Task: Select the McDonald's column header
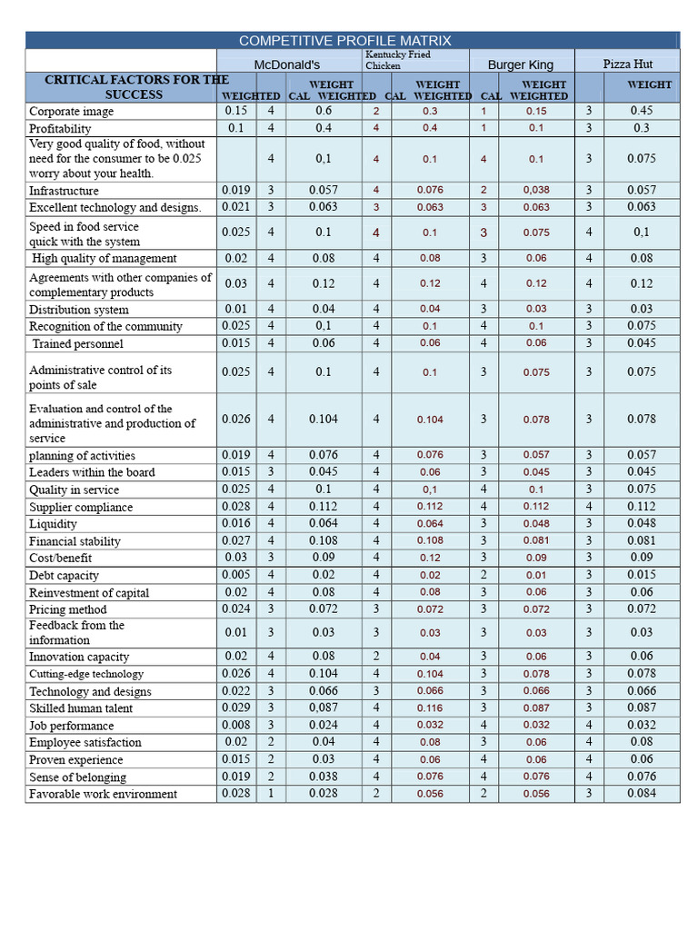[287, 64]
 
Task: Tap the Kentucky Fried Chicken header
[398, 60]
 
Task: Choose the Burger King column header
[520, 64]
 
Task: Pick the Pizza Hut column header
[628, 64]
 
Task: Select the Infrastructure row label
[64, 191]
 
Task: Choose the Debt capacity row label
[64, 576]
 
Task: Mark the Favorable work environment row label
[103, 795]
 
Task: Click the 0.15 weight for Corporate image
[235, 111]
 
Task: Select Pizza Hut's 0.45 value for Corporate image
[641, 111]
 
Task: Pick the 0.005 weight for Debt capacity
[235, 575]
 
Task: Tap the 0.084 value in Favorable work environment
[641, 794]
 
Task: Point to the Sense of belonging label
[77, 777]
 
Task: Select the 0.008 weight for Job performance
[235, 725]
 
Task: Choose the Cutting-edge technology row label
[85, 674]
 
